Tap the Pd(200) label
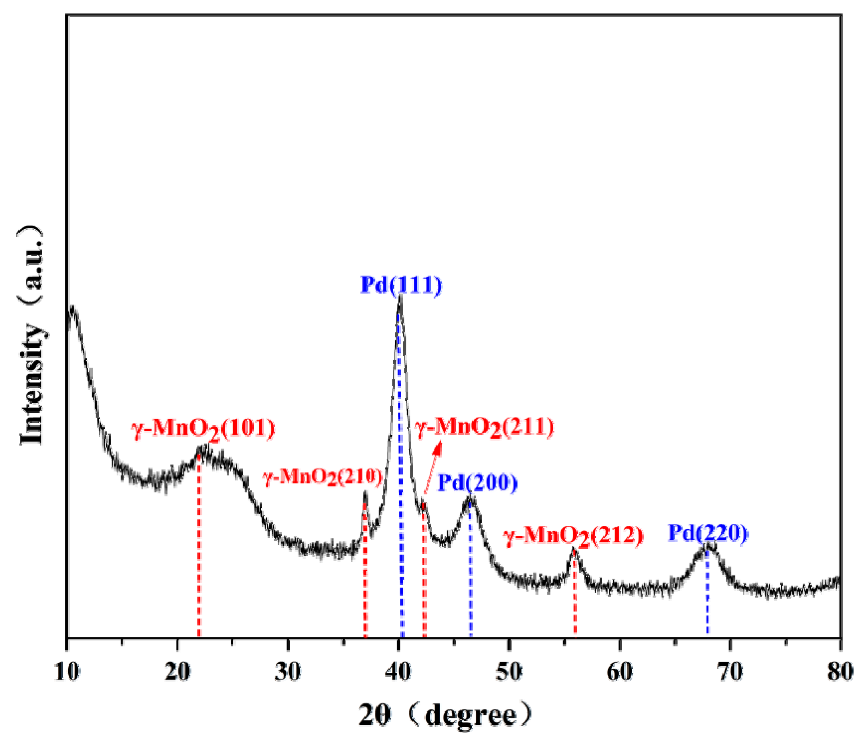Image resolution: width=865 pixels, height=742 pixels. [477, 483]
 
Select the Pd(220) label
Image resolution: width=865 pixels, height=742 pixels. [708, 533]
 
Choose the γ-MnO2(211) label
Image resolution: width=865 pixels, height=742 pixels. [484, 428]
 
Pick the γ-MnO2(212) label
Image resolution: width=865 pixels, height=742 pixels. [573, 536]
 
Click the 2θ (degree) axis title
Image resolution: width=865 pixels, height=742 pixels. [445, 716]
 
